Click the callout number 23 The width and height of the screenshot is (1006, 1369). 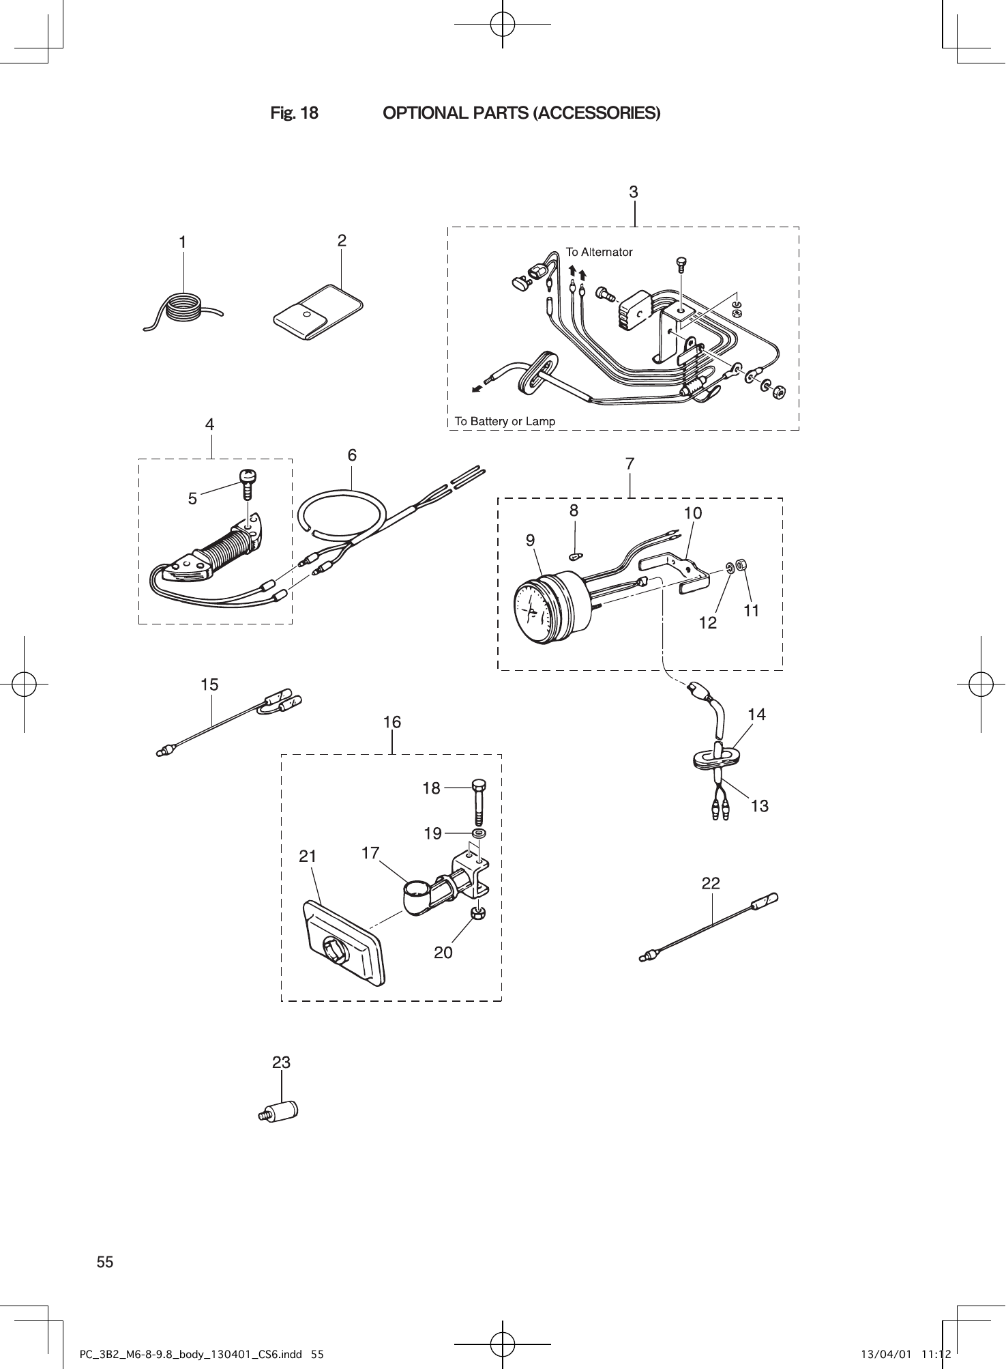point(281,1063)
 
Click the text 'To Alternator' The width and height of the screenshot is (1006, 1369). point(599,252)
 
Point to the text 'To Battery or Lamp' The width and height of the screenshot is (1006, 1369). point(505,421)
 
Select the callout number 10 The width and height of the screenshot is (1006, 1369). point(692,513)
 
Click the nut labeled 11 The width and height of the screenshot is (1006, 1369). point(743,565)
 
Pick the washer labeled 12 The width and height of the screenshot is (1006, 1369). point(730,568)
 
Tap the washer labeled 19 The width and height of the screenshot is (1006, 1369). point(478,833)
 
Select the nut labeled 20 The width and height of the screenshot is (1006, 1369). point(478,913)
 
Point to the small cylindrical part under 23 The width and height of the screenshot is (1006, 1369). point(282,1110)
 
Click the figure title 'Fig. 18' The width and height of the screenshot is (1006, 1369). point(294,113)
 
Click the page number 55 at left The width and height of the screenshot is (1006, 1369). point(105,1262)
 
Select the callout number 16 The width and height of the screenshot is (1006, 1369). point(391,722)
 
